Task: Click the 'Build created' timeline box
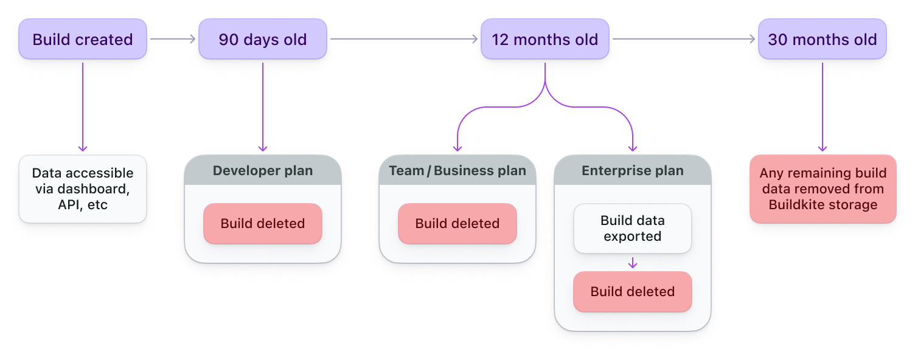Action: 83,40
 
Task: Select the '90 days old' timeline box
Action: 263,40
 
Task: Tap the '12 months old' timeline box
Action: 544,40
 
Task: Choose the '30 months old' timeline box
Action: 823,40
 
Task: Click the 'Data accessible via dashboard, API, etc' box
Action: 83,189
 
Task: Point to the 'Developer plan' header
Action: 263,171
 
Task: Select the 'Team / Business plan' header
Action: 457,171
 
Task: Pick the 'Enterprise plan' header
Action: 633,171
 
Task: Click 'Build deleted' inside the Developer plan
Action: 263,224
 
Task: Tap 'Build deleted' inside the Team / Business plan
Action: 457,224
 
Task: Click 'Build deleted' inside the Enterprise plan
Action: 633,292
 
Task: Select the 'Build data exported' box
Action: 633,228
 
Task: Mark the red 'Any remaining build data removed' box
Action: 823,189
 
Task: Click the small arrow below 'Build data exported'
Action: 633,263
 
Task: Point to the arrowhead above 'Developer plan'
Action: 263,148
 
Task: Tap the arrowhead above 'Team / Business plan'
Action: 457,148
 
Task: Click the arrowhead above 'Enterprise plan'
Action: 633,148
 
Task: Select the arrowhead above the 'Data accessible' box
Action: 83,148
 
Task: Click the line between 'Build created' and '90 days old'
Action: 173,40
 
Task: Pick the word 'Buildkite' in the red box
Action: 796,205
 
